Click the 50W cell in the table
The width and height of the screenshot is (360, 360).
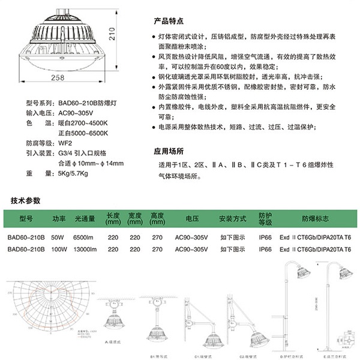[58, 236]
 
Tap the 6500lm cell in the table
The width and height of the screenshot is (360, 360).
[85, 236]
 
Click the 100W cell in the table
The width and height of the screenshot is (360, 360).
[58, 248]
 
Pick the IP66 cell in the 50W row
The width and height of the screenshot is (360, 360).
[265, 236]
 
